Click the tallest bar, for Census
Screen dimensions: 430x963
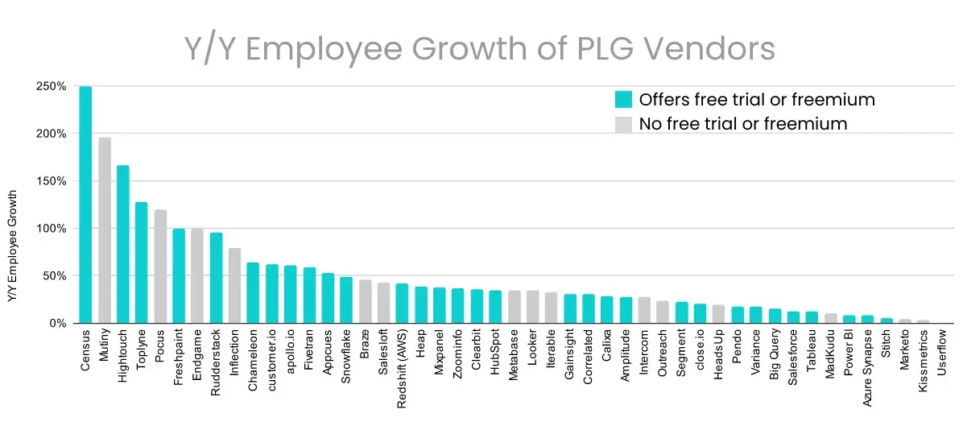(85, 205)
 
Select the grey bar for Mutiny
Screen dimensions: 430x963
(105, 230)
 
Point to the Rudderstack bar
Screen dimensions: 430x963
(217, 278)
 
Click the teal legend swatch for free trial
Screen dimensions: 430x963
(623, 100)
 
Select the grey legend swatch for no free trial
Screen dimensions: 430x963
(623, 124)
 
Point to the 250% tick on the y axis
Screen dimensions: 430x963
(50, 86)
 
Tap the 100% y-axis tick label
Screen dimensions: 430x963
(50, 229)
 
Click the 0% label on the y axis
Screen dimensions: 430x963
(56, 323)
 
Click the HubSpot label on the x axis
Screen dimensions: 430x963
(495, 351)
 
